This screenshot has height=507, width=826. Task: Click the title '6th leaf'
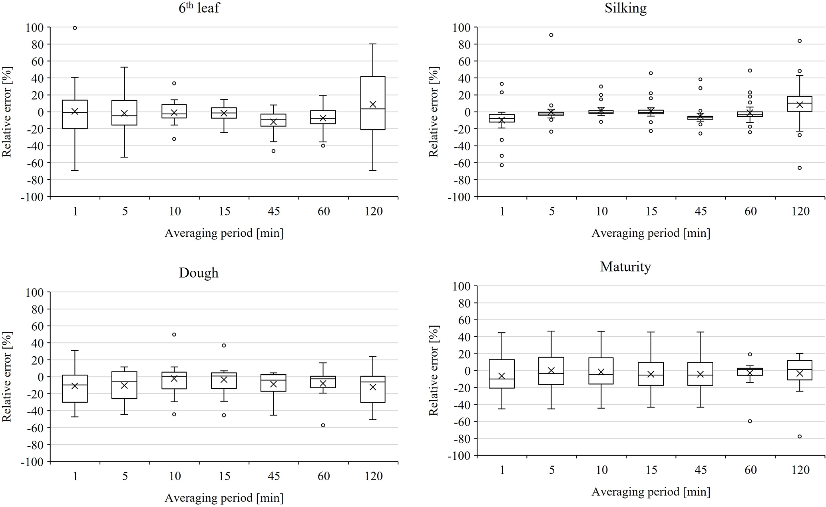pos(199,8)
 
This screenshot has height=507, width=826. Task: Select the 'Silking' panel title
pos(625,8)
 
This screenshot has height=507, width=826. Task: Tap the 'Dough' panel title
pos(199,273)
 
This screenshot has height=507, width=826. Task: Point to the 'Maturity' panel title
pos(625,267)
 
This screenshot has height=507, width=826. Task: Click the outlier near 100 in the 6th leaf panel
pos(75,28)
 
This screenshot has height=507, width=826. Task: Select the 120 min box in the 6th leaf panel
pos(373,103)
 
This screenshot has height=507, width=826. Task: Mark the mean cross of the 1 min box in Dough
pos(75,386)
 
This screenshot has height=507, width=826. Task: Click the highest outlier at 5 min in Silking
pos(551,35)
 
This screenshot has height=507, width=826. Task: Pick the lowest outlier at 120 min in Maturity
pos(800,437)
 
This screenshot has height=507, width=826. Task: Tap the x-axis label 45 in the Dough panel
pos(274,476)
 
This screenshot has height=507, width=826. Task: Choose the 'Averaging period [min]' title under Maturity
pos(651,492)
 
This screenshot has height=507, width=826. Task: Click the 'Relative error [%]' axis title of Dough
pos(7,377)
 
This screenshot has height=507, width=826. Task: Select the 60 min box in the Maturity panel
pos(750,371)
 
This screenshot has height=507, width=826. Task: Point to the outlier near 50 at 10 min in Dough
pos(174,335)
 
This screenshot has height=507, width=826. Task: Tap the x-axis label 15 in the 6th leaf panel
pos(224,211)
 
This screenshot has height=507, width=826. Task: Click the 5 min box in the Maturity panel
pos(551,371)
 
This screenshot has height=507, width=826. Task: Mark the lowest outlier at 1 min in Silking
pos(502,165)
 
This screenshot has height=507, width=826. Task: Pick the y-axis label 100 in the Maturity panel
pos(462,286)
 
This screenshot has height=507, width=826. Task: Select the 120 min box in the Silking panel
pos(800,104)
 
